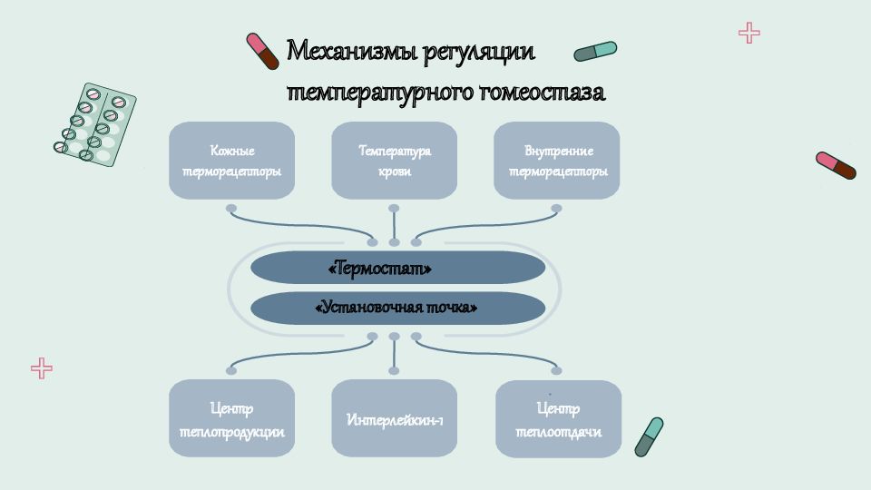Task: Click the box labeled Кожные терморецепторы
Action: pos(231,161)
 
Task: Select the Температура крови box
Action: pos(395,161)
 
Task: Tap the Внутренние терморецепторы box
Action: pos(556,161)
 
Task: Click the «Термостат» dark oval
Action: pos(397,268)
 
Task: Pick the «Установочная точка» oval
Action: pos(397,308)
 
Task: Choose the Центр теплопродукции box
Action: pos(231,418)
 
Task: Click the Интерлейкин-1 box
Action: pos(395,418)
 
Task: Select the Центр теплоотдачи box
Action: pos(558,419)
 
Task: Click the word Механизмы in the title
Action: pos(351,51)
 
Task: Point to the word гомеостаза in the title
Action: pos(542,92)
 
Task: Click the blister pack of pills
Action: pos(95,124)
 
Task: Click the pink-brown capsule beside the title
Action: pos(262,51)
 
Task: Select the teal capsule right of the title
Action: pos(595,51)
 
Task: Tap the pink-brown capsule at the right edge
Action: pos(836,165)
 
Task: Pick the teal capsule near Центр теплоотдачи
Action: pos(649,437)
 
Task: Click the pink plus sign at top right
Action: pos(749,33)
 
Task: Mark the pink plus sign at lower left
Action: pos(42,368)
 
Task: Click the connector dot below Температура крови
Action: pos(394,209)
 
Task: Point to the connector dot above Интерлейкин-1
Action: pos(394,370)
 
